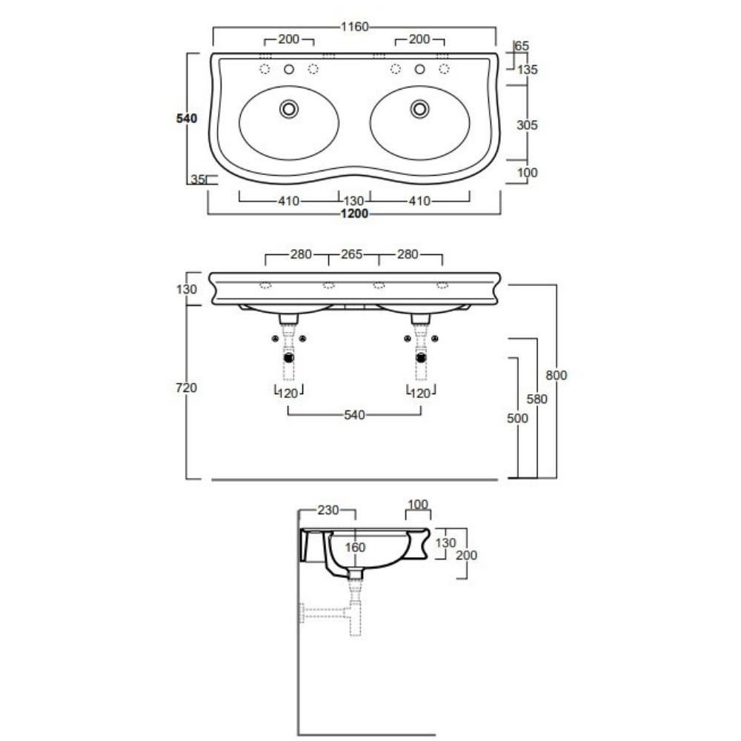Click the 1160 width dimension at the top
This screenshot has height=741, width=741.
tap(355, 27)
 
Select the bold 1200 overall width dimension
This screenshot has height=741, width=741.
tap(354, 214)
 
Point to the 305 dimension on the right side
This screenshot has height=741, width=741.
tap(526, 124)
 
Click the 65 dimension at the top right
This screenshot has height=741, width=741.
tap(522, 46)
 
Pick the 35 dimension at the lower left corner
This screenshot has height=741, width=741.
tap(197, 179)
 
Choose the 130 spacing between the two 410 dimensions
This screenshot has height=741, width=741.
tap(354, 201)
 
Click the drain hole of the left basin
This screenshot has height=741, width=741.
tap(289, 108)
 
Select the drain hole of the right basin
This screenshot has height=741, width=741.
tap(420, 108)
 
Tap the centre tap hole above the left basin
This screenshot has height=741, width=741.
tap(289, 70)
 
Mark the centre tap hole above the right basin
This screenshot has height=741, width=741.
tap(420, 70)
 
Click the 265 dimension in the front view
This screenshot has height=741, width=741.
tap(351, 255)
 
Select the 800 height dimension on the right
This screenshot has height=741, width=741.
tap(556, 375)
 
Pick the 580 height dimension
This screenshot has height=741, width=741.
tap(537, 399)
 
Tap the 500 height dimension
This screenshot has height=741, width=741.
tap(518, 418)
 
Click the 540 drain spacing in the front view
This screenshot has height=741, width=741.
tap(354, 416)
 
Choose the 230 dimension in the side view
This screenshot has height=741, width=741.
tap(328, 510)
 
